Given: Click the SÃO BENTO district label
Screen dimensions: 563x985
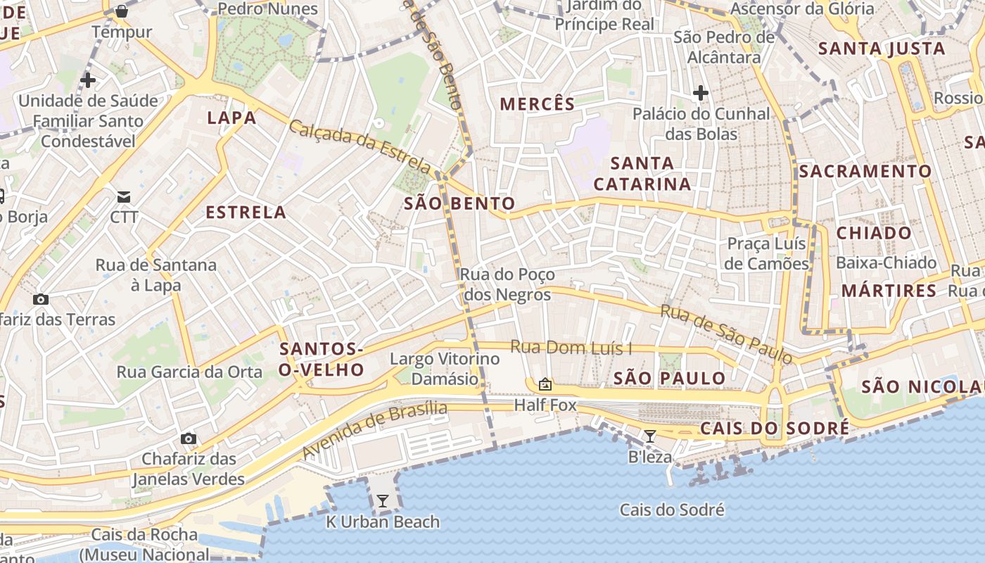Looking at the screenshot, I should click(x=459, y=204).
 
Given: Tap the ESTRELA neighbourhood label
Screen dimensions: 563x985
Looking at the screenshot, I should click(x=246, y=213).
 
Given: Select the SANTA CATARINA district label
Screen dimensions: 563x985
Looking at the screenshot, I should click(x=642, y=174).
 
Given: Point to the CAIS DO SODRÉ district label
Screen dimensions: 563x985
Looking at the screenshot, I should click(x=774, y=429).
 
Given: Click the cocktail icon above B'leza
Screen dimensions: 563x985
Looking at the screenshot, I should click(x=650, y=436).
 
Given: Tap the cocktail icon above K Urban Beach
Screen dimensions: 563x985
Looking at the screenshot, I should click(x=383, y=501).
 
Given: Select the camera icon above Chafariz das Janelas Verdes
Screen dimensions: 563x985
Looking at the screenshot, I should click(x=188, y=439).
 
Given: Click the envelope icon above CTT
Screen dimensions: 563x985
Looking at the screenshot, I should click(x=124, y=196).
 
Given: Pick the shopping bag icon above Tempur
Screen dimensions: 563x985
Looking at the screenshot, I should click(x=122, y=11).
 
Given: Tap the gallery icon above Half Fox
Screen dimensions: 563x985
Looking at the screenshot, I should click(x=545, y=384).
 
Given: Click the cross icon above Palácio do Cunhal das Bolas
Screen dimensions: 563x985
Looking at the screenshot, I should click(x=700, y=92).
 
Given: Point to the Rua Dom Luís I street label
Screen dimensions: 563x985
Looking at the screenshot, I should click(x=571, y=348).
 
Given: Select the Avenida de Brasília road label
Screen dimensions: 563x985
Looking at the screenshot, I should click(x=375, y=429).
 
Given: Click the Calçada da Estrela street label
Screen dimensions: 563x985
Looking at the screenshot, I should click(x=360, y=146).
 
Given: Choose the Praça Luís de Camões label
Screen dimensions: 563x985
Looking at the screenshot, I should click(x=766, y=253).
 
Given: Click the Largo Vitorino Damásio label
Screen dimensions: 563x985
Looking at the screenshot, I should click(x=445, y=369).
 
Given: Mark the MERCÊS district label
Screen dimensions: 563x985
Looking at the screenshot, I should click(x=538, y=104).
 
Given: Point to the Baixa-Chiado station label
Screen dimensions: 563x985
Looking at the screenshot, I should click(x=886, y=262).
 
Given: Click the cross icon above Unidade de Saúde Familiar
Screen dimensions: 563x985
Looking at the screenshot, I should click(x=88, y=80).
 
